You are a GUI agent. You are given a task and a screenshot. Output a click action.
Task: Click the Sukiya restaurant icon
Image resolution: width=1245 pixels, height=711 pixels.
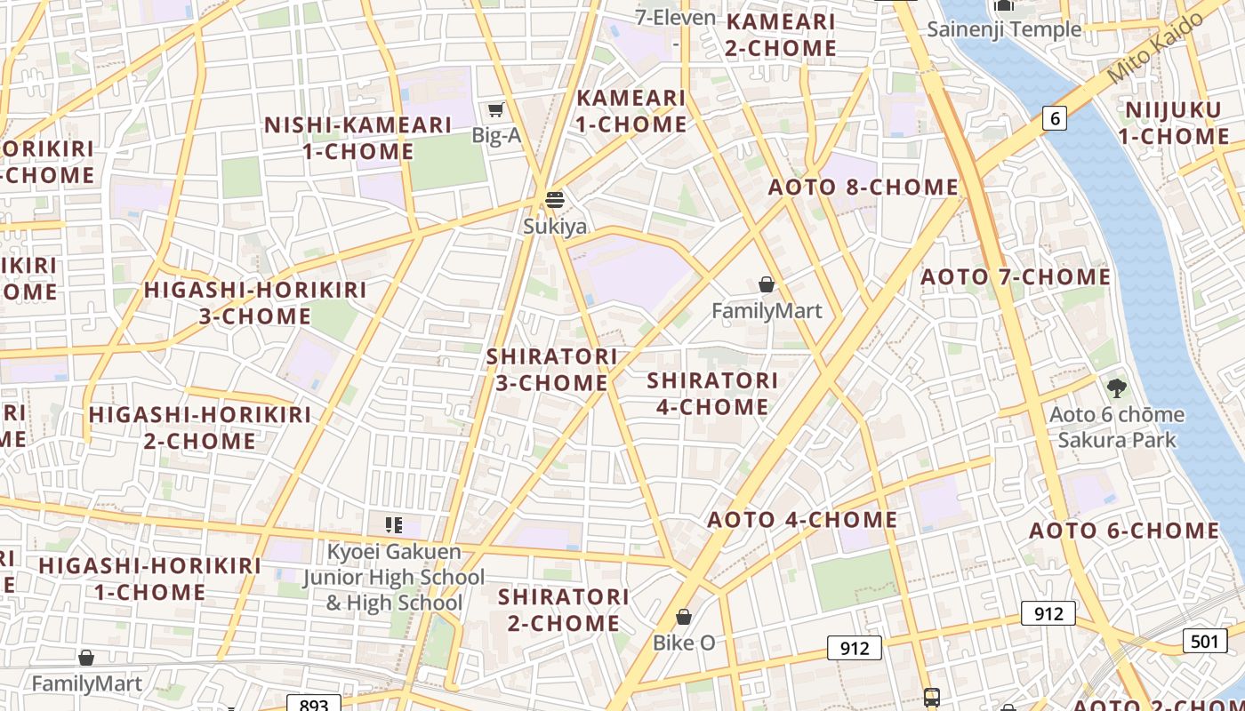pos(555,199)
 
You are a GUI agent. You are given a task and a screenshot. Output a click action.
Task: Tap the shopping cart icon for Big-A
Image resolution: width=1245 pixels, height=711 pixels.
pos(496,109)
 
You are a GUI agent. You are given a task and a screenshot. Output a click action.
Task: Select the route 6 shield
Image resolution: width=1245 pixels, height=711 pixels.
pos(1054,118)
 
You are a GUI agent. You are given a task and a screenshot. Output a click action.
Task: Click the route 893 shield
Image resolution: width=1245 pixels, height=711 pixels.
pos(314,704)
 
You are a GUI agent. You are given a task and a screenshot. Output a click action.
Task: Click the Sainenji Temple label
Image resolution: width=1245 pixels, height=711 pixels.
pos(1004,28)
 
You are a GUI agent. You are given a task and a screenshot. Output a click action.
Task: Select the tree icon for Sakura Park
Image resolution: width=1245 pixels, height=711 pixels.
pos(1116,388)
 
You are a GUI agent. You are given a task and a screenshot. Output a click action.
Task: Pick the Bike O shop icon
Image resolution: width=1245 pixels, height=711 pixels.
pos(684,617)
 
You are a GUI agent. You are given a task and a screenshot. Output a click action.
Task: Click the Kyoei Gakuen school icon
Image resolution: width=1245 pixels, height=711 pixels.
pos(393,525)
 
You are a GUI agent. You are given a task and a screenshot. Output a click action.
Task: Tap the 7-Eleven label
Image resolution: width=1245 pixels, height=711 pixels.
pos(676,18)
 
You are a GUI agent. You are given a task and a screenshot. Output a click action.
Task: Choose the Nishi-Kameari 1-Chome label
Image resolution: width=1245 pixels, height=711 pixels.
pos(358,138)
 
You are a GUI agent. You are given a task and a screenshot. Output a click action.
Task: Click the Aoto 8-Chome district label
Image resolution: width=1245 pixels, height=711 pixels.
pos(863,188)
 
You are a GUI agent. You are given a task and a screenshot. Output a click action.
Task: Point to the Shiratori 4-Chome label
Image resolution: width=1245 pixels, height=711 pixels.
pos(712,393)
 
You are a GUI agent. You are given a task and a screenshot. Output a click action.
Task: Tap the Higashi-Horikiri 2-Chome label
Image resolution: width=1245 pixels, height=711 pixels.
pos(199,427)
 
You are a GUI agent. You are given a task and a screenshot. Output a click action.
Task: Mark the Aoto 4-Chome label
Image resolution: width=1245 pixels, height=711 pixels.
pos(802,520)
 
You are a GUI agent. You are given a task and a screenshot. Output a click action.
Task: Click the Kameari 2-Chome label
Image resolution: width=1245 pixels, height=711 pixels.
pos(781,35)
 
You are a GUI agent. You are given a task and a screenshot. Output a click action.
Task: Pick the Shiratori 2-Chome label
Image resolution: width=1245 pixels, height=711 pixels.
pos(564,609)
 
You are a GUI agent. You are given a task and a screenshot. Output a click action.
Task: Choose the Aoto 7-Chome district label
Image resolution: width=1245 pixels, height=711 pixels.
pos(1016,277)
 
